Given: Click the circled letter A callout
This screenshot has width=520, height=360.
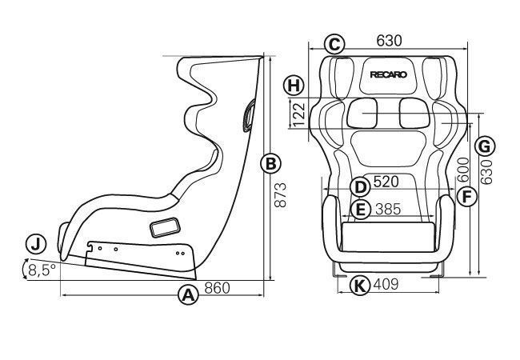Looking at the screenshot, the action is pyautogui.click(x=188, y=294).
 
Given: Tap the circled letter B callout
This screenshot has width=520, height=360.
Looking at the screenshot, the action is pyautogui.click(x=270, y=164).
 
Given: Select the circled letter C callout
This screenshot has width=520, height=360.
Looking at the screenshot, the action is pyautogui.click(x=334, y=44).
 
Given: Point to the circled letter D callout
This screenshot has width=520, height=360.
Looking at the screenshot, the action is pyautogui.click(x=360, y=187).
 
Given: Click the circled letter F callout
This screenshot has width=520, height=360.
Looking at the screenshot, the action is pyautogui.click(x=466, y=197).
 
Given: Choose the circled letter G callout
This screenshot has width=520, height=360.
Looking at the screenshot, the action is pyautogui.click(x=485, y=146).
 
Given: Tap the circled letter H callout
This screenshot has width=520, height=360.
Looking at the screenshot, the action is pyautogui.click(x=294, y=86).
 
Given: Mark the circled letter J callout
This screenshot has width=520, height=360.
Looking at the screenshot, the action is pyautogui.click(x=36, y=244).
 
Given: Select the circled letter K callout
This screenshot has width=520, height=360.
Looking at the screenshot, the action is pyautogui.click(x=360, y=285).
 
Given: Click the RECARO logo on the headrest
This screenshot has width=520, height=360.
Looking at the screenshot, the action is pyautogui.click(x=388, y=74).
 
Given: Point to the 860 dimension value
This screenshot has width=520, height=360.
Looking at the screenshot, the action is pyautogui.click(x=217, y=288).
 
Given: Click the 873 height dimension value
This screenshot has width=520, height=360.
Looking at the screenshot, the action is pyautogui.click(x=280, y=195).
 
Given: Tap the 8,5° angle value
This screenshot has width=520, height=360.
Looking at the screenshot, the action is pyautogui.click(x=42, y=270).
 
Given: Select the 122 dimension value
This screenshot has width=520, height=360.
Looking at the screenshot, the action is pyautogui.click(x=299, y=114).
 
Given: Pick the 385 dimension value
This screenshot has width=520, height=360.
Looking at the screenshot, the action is pyautogui.click(x=388, y=209).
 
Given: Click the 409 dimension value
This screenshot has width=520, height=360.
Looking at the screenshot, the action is pyautogui.click(x=386, y=284).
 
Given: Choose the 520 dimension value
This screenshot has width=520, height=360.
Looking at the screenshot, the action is pyautogui.click(x=386, y=182).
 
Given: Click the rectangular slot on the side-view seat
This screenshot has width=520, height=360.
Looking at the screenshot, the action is pyautogui.click(x=165, y=228).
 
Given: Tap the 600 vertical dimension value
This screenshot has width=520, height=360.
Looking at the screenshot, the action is pyautogui.click(x=463, y=170).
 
